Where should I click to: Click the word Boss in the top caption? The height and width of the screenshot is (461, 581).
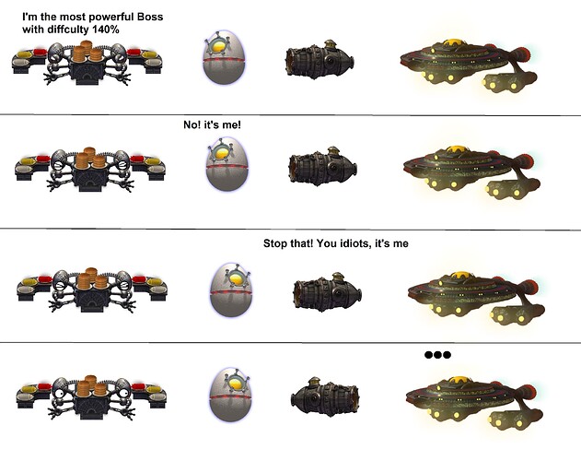click(x=150, y=17)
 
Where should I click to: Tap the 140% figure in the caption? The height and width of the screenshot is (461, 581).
click(x=106, y=30)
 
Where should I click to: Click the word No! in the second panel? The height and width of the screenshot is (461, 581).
click(x=192, y=124)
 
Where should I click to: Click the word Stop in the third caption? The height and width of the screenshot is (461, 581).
click(x=274, y=243)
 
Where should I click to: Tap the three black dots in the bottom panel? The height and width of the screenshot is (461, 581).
click(x=437, y=355)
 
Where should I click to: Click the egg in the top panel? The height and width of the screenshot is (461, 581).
click(x=224, y=57)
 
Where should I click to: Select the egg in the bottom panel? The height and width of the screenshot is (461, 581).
click(x=230, y=395)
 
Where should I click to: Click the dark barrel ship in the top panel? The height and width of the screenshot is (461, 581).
click(x=320, y=60)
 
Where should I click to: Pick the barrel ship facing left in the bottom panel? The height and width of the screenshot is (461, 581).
click(x=325, y=396)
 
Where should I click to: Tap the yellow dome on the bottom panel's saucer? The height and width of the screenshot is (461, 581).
click(x=459, y=381)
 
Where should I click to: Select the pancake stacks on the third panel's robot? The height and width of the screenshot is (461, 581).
click(x=92, y=278)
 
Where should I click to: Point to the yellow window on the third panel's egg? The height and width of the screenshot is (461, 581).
click(x=237, y=278)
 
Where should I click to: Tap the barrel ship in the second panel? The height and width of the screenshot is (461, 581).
click(x=323, y=166)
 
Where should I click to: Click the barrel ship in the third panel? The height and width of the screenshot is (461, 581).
click(x=328, y=292)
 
